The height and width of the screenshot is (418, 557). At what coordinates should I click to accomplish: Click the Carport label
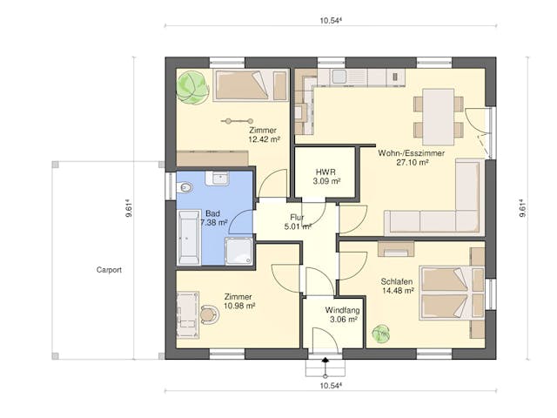[x=109, y=270]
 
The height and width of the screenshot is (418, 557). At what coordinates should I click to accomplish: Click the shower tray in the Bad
[x=238, y=251]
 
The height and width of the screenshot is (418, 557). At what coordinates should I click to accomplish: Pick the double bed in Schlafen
[x=449, y=292]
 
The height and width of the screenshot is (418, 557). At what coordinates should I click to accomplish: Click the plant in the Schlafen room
[x=380, y=333]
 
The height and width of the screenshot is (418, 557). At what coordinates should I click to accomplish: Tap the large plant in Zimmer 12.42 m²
[x=191, y=87]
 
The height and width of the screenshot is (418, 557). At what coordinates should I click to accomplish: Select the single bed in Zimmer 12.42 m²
[x=250, y=85]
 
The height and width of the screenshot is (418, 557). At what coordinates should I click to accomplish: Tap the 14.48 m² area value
[x=397, y=293]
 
